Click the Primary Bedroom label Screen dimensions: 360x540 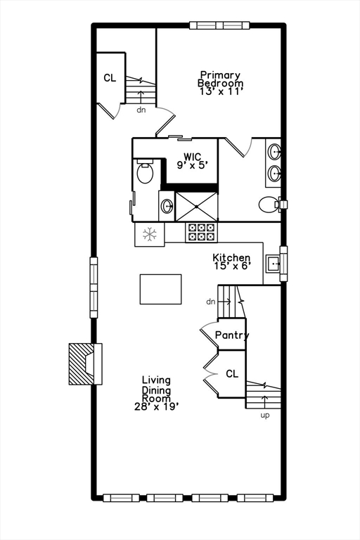221,83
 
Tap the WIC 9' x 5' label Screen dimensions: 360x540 193,161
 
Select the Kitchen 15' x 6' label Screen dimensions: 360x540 231,262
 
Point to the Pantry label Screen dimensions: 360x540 232,335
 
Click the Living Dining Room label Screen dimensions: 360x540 157,393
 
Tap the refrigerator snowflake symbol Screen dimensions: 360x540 150,235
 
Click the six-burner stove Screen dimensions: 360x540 202,232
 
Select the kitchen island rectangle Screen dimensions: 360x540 160,289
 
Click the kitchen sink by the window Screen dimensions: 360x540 274,264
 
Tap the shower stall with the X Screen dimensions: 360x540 197,207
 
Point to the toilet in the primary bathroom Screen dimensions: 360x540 269,205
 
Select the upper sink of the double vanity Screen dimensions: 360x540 274,152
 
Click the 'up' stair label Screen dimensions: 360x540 265,416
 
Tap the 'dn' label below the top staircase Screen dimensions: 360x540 141,110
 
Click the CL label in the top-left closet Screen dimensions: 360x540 110,78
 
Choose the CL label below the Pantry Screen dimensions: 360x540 232,373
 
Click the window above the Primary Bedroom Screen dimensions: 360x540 220,25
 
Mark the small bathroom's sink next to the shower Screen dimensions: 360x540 167,206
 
